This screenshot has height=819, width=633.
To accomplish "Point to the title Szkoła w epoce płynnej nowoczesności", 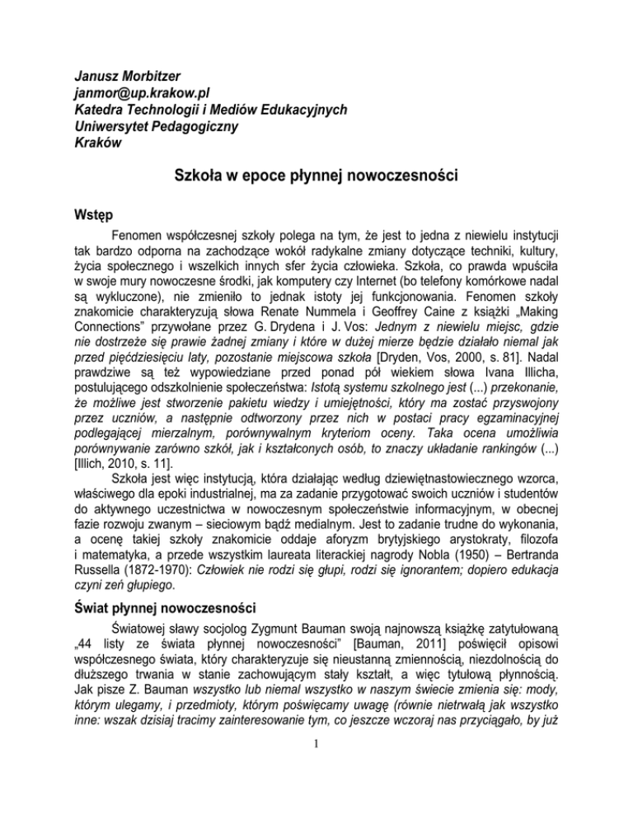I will [x=316, y=179].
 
